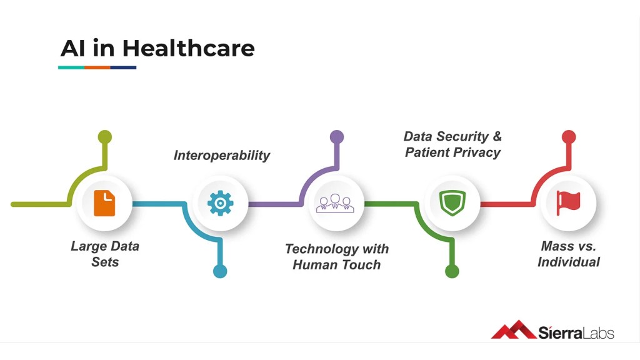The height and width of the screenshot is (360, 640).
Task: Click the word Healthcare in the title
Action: [188, 48]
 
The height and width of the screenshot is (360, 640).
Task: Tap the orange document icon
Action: [104, 203]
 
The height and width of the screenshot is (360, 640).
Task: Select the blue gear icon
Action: [220, 203]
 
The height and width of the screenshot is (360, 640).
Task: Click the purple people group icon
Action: [335, 203]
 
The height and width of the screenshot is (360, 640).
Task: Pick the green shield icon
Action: [452, 203]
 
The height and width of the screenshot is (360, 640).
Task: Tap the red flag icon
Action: [568, 203]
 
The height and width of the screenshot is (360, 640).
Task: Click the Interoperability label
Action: [222, 156]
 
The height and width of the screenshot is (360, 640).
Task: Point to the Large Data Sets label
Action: [105, 254]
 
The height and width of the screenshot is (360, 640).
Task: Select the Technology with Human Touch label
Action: [337, 257]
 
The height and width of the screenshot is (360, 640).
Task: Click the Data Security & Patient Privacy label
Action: [452, 144]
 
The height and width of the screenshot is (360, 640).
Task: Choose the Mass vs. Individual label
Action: [569, 254]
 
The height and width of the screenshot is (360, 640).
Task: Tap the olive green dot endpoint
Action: [105, 137]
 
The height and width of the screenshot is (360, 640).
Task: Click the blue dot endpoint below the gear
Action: [220, 271]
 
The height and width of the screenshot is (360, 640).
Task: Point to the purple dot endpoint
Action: [337, 137]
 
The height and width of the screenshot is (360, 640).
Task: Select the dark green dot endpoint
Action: [452, 271]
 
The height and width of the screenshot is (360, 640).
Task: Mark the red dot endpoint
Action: [569, 137]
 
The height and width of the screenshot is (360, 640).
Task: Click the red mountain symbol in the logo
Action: [514, 330]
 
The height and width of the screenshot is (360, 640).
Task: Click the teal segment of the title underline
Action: [71, 67]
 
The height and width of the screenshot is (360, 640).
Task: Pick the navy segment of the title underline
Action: [123, 67]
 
